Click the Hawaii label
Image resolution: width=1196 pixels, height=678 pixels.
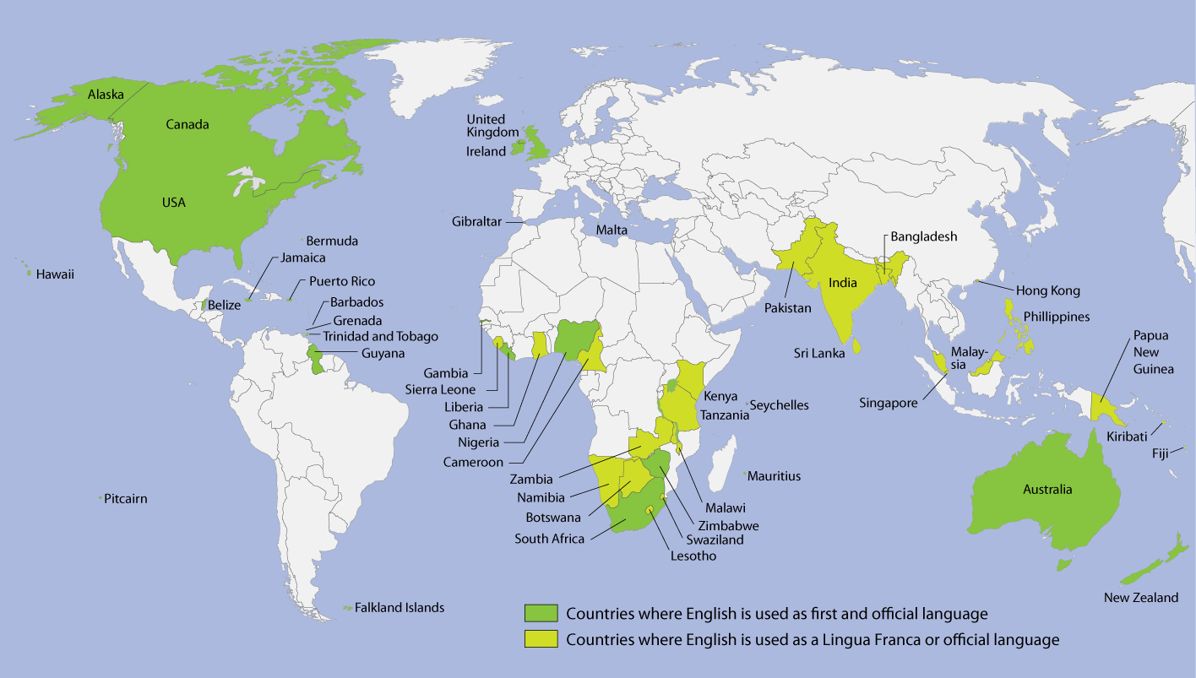point(55,274)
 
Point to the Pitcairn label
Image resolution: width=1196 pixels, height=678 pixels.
point(125,499)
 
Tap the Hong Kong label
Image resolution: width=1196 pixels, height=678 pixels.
point(1047,290)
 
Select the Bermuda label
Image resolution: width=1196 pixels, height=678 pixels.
point(332,241)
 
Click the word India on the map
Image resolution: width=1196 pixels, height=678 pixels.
point(844,283)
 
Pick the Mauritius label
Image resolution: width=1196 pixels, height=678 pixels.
point(774,476)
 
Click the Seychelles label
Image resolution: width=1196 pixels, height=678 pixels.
point(779,405)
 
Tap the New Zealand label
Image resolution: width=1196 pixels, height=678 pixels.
point(1140,598)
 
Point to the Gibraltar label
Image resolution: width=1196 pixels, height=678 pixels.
point(476,222)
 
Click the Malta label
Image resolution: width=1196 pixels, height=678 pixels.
point(612,230)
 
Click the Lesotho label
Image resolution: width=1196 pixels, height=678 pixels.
point(693,556)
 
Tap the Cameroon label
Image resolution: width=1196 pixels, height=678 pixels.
point(473,462)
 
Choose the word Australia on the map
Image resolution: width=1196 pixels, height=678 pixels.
point(1047,490)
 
